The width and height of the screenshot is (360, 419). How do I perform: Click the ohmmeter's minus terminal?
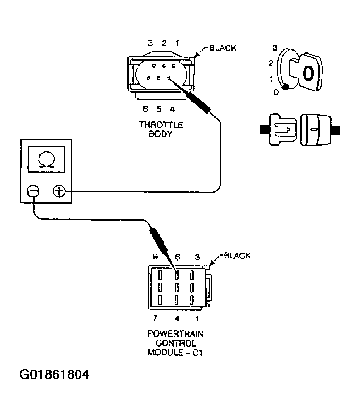coord(33,191)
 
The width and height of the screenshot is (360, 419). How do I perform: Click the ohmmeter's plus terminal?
coord(59,191)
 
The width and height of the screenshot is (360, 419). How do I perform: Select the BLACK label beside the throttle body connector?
coord(222,48)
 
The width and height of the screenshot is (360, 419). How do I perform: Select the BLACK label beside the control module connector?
coord(237,255)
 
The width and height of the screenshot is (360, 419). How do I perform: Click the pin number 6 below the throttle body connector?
coord(145,110)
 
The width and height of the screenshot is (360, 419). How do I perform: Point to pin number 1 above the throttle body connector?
coord(178,43)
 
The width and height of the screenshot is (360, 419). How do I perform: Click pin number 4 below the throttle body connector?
coord(172,110)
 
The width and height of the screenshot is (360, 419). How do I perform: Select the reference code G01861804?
coord(54,374)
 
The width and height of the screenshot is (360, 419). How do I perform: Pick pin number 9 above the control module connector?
coord(155,257)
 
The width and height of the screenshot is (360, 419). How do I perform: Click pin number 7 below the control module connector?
coord(155,319)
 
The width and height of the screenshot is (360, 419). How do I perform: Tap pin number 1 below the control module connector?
coord(198,319)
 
